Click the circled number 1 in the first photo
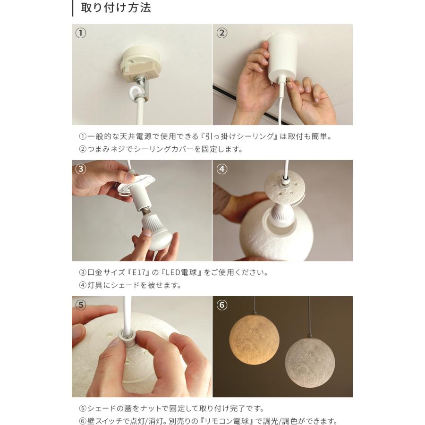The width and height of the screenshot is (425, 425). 80,34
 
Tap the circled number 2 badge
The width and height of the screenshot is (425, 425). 222,34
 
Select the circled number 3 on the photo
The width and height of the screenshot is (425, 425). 80,169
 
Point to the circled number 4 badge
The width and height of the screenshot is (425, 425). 222,169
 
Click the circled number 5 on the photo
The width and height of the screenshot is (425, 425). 80,305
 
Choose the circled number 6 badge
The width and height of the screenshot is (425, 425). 222,305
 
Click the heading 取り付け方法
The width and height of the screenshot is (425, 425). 116,8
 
